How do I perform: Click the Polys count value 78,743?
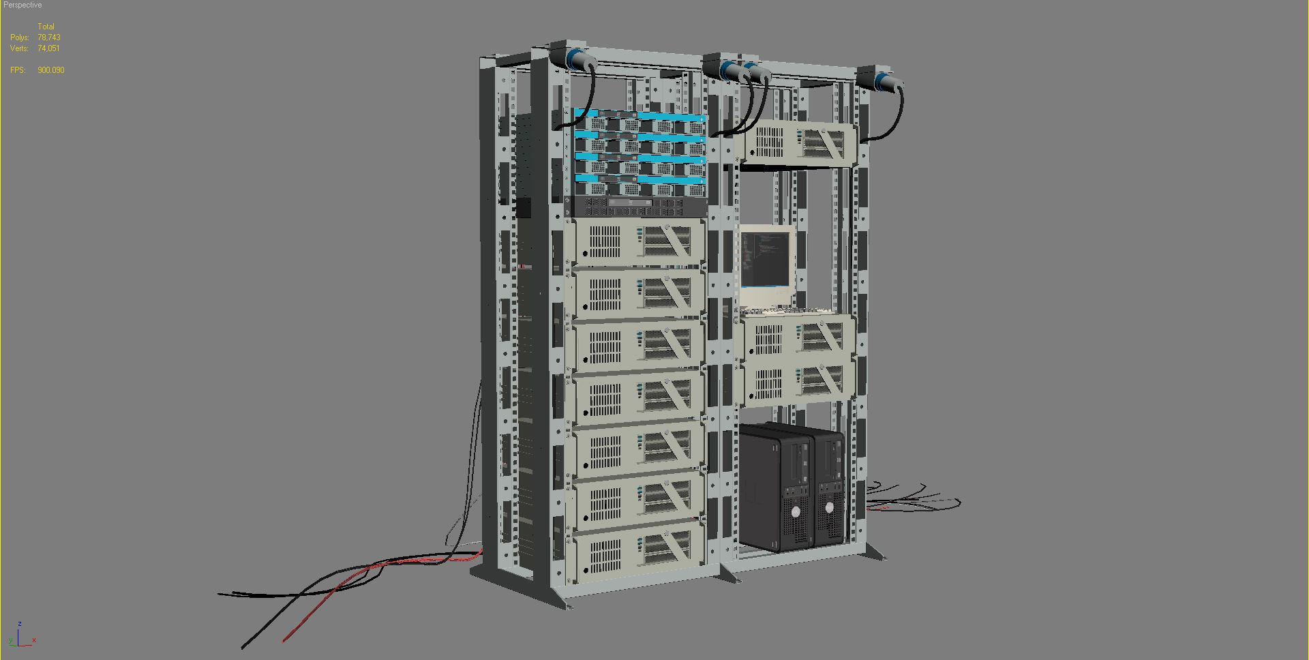pyautogui.click(x=48, y=37)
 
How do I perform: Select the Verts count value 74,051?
pyautogui.click(x=48, y=48)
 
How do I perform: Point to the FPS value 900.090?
pyautogui.click(x=50, y=70)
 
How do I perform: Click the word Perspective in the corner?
pyautogui.click(x=22, y=5)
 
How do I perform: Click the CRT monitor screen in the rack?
pyautogui.click(x=765, y=259)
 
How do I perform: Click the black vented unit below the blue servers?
pyautogui.click(x=637, y=206)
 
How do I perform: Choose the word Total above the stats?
pyautogui.click(x=46, y=27)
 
